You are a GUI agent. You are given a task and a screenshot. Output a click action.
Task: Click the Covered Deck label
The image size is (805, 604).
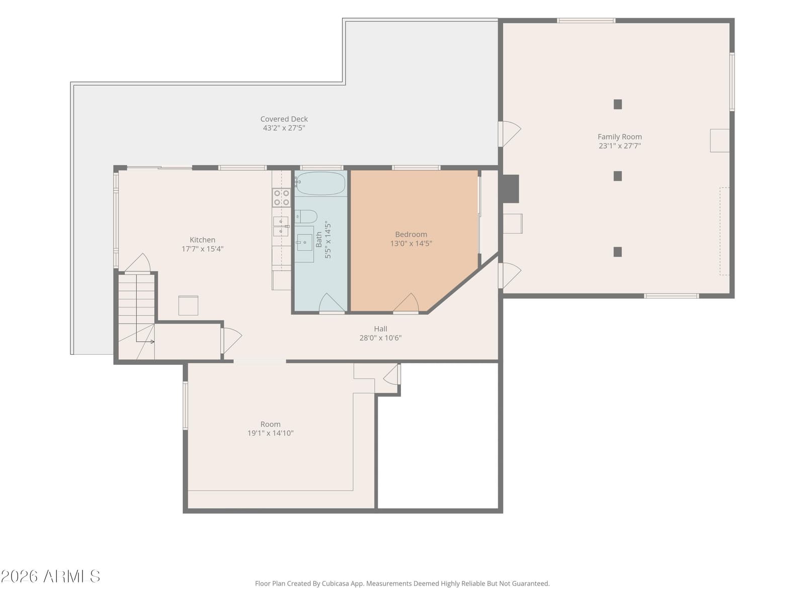284,119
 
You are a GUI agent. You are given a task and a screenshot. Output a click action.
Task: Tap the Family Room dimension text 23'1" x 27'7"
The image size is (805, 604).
619,145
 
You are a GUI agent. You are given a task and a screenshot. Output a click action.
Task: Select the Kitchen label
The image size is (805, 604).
202,240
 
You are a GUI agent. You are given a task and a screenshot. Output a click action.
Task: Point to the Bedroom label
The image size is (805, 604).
411,234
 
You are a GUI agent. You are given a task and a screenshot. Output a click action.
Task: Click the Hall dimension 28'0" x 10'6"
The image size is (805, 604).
380,338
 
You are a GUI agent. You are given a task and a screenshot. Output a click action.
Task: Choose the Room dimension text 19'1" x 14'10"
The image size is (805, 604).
270,433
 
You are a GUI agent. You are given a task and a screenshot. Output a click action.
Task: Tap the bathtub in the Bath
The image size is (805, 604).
320,183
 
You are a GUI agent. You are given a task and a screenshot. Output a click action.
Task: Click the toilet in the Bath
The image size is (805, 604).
306,216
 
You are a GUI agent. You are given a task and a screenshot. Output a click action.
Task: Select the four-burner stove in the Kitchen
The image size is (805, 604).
281,198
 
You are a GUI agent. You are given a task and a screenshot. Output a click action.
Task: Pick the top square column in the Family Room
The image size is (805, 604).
618,104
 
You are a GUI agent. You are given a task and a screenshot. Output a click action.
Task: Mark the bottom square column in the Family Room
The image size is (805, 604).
618,252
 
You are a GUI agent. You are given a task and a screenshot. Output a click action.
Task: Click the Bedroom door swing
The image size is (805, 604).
407,303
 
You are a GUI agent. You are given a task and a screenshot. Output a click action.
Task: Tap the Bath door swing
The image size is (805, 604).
332,304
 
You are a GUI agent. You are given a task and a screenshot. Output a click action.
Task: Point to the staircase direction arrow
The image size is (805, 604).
145,342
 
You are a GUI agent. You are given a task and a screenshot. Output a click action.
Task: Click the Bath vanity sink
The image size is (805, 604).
304,242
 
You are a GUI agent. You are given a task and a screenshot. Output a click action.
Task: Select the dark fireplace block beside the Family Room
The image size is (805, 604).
511,188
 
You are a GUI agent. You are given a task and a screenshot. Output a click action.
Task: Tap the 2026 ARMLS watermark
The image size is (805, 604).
50,576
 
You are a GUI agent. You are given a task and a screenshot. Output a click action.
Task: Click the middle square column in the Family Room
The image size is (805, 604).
618,176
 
